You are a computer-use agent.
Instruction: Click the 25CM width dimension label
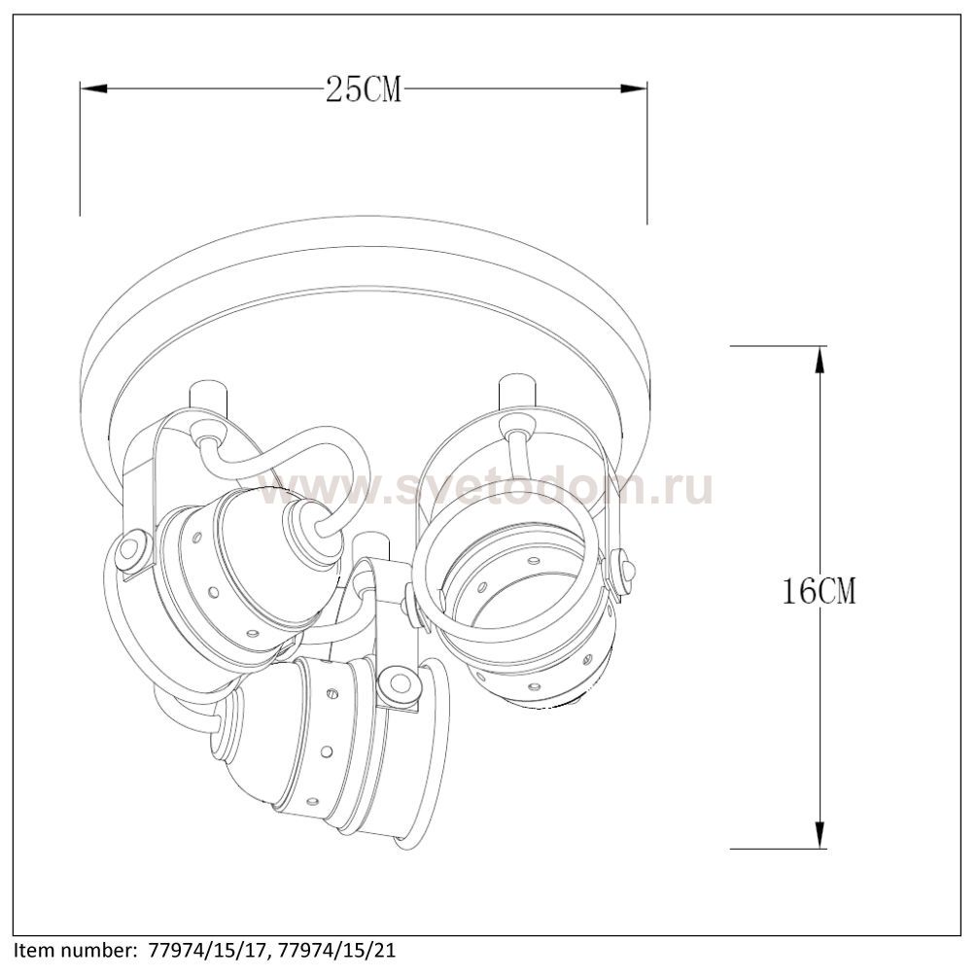364,89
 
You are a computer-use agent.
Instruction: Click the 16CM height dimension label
819,590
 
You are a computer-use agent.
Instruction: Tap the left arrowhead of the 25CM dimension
93,89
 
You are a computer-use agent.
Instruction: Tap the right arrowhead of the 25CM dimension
633,89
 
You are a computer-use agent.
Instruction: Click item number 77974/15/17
210,951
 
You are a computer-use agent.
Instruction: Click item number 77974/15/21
337,951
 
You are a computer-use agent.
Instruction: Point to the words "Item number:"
76,951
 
